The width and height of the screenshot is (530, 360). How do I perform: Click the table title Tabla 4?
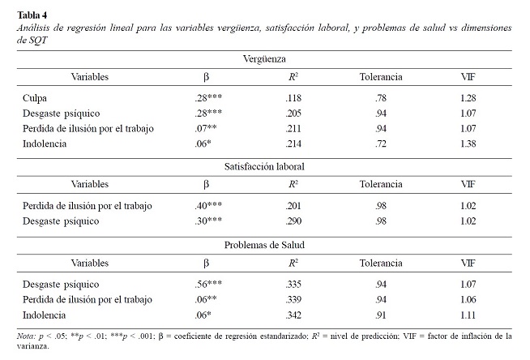[32, 15]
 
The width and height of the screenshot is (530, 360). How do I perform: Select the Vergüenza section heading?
[264, 59]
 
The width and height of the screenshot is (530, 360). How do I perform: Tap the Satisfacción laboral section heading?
[264, 167]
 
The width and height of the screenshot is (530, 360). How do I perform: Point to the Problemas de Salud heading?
[264, 245]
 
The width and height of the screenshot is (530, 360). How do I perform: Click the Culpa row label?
[35, 98]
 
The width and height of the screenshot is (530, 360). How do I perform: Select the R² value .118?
[293, 98]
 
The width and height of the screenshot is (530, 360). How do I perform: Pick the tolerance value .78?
[381, 98]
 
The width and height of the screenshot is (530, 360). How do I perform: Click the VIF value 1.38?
[468, 144]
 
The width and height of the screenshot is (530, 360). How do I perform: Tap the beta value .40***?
[208, 205]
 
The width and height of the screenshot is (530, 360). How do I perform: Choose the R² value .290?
[293, 221]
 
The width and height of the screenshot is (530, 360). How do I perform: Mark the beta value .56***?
[208, 284]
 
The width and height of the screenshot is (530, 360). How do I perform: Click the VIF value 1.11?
[468, 315]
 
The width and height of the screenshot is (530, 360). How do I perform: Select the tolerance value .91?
[381, 315]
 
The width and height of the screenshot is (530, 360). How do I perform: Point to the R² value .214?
[293, 144]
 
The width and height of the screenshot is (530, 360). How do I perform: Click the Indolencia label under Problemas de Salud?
[45, 315]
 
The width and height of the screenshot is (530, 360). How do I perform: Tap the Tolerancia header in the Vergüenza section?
[381, 77]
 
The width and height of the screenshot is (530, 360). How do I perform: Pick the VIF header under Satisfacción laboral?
[468, 184]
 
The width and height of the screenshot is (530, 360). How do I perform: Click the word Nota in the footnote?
[26, 336]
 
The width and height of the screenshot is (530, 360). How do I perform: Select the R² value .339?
[293, 299]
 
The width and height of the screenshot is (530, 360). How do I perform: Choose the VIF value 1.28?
[468, 98]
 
